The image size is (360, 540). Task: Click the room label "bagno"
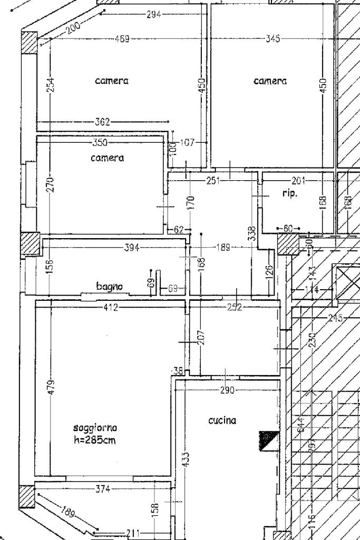pos(110,287)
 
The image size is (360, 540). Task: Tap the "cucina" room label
pos(222,420)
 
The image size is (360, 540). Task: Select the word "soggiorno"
pos(95,427)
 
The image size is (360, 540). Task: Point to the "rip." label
pos(290,194)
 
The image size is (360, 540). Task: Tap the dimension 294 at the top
pos(153,14)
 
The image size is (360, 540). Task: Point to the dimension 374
pos(103,489)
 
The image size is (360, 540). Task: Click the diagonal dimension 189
pos(68,512)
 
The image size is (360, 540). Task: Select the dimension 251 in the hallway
pos(213,181)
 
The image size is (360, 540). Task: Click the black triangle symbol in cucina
pos(267,441)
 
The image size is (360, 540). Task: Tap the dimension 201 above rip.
pos(298,181)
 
